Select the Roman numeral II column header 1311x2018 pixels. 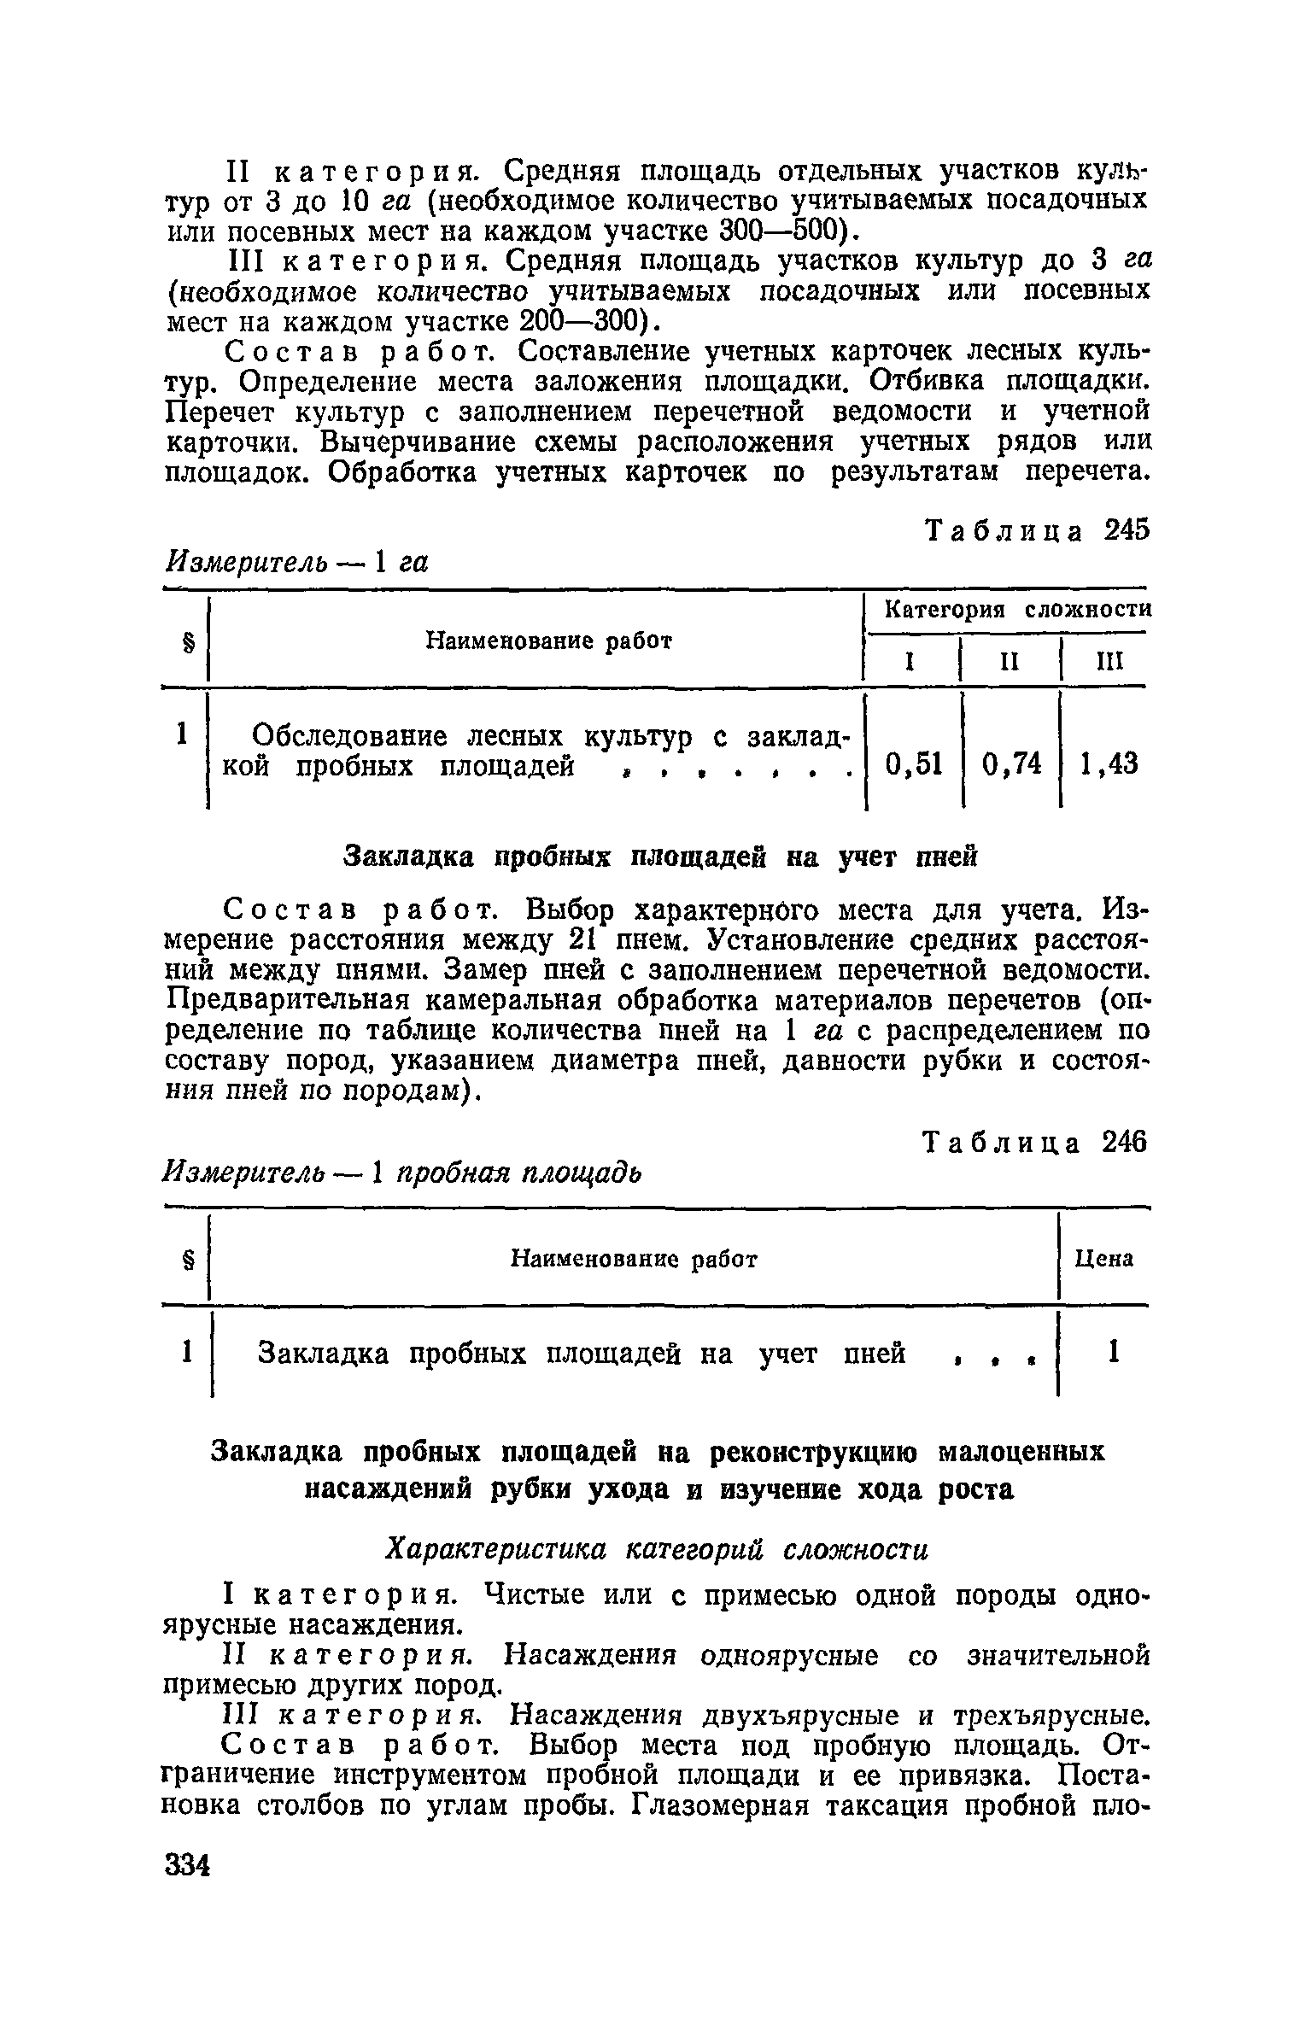1010,662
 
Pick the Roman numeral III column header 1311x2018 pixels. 1107,662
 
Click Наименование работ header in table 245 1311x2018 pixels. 548,640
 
